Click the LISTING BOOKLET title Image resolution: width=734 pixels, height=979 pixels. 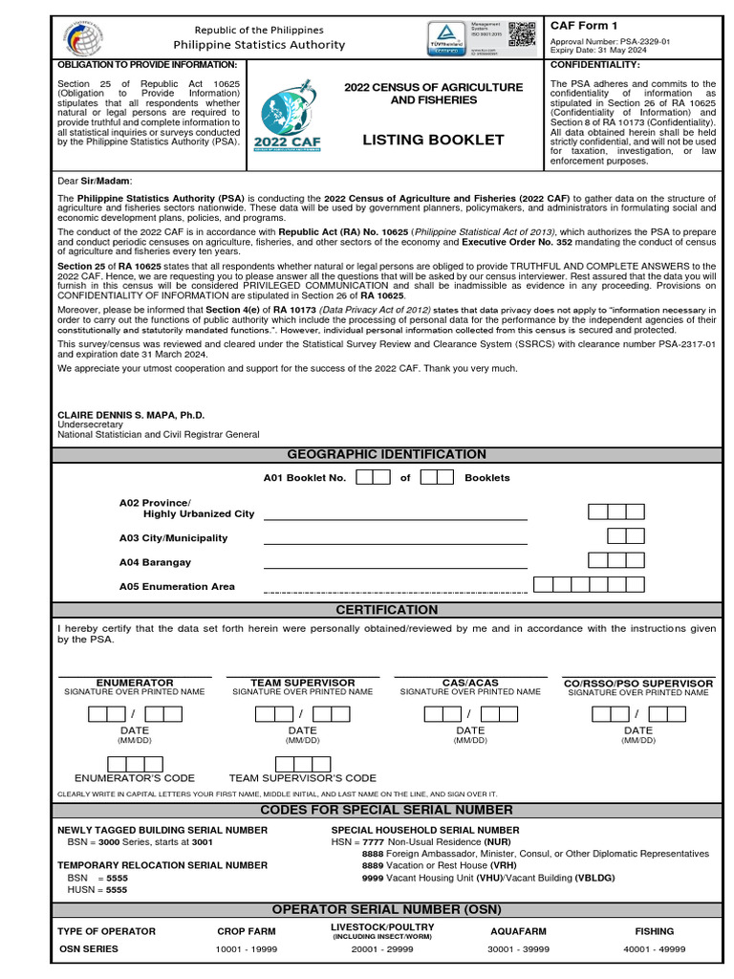tap(433, 141)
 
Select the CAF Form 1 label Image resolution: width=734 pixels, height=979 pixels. tap(584, 26)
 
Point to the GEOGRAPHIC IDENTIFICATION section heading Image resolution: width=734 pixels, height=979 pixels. tap(387, 454)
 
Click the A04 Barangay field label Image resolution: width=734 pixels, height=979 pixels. tap(155, 562)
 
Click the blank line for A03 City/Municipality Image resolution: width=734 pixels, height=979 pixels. tap(395, 543)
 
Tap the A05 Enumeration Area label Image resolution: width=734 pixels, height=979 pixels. tap(177, 587)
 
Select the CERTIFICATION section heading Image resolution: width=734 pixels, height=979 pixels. tap(387, 610)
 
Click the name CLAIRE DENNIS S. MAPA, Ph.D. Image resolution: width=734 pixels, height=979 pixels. tap(131, 415)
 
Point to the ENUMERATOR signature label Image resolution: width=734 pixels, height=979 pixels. tap(135, 683)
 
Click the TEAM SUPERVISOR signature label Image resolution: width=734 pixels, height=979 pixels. tap(303, 683)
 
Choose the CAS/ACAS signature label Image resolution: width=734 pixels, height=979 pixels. tap(470, 683)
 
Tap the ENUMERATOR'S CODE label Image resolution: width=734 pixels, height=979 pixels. tap(135, 778)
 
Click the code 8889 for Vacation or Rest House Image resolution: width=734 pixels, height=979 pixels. tap(373, 865)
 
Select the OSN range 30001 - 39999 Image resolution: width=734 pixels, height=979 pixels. tap(519, 949)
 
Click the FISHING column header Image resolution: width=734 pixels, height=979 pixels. tap(655, 931)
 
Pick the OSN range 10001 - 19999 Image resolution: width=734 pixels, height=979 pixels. tap(247, 949)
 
